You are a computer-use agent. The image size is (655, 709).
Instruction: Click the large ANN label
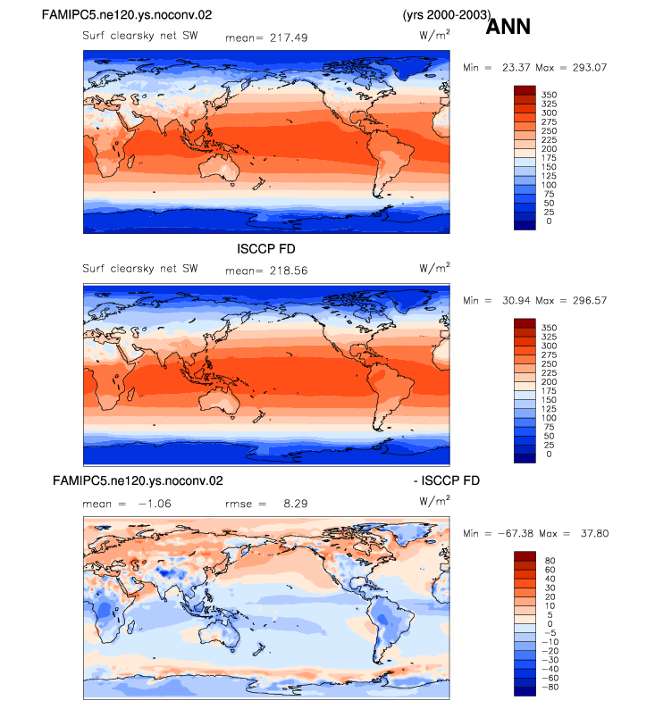(x=508, y=26)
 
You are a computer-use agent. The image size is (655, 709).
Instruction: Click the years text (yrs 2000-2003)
(x=447, y=15)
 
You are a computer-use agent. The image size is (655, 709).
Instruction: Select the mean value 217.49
(x=289, y=38)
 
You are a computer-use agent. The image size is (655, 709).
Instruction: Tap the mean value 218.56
(x=289, y=271)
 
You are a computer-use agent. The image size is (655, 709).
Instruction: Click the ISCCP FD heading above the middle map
(x=266, y=249)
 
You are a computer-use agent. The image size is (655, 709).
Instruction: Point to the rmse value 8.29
(x=296, y=504)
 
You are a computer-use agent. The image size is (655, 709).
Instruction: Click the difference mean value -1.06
(x=155, y=504)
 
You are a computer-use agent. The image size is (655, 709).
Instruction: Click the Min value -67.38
(x=516, y=533)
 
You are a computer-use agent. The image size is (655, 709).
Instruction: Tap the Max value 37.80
(x=594, y=533)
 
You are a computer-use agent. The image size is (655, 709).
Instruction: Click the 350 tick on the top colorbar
(x=549, y=95)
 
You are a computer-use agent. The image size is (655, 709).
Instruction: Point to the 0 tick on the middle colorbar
(x=549, y=454)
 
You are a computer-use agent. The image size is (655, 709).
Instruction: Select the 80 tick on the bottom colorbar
(x=550, y=561)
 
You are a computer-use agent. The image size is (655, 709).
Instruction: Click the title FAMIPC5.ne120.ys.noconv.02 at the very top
(x=127, y=15)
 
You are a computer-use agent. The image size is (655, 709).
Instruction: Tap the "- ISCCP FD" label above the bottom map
(x=447, y=480)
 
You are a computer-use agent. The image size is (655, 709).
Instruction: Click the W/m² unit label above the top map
(x=434, y=34)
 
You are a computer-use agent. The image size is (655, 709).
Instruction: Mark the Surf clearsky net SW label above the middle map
(x=140, y=269)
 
